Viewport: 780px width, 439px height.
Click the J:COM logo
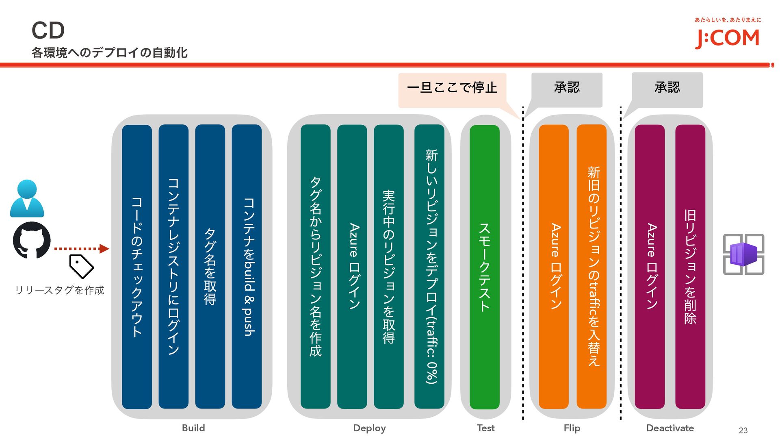point(727,38)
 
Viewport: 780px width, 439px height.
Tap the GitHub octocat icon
point(32,240)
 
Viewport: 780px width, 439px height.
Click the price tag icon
point(81,266)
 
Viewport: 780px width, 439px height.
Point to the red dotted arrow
point(81,248)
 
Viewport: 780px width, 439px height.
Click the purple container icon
point(743,254)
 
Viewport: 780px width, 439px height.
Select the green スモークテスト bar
point(485,267)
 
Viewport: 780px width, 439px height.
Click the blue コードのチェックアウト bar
point(137,267)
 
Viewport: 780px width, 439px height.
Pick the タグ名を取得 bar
point(210,267)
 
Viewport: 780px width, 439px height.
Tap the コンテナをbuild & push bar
point(247,267)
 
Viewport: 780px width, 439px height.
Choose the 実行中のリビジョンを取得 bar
point(389,267)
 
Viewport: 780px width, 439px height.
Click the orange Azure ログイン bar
point(554,267)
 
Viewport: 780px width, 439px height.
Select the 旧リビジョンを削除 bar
point(690,267)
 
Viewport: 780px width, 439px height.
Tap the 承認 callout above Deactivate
point(667,88)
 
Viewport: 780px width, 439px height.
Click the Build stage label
point(193,428)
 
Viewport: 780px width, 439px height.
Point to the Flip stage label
point(572,428)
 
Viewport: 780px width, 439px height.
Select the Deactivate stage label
point(670,428)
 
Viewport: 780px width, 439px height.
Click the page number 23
point(743,430)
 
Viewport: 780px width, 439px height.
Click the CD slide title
point(48,30)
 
